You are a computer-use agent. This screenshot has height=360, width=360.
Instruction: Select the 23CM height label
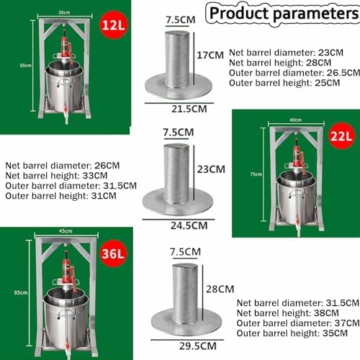(x=214, y=168)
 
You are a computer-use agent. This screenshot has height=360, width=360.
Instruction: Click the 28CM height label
(x=214, y=288)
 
